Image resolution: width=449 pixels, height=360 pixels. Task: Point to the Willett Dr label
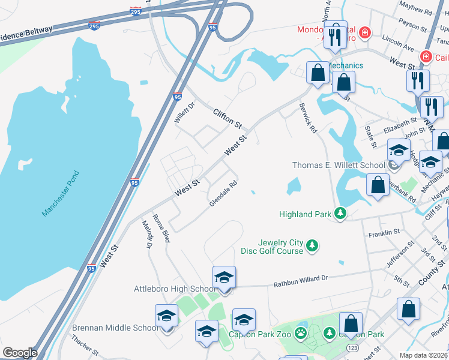tap(185, 112)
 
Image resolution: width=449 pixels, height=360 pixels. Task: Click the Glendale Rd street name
tap(223, 195)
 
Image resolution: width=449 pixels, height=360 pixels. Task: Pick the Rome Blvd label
tap(161, 229)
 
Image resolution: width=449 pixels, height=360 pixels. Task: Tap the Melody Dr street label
tap(148, 234)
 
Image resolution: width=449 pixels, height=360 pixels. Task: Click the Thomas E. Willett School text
tap(339, 165)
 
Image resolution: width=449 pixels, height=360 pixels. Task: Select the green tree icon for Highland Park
tap(340, 214)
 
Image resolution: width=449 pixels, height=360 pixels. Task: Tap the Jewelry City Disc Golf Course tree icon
tap(312, 245)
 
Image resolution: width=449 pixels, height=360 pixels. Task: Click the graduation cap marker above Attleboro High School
tap(224, 277)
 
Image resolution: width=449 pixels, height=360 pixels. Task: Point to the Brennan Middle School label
tap(115, 328)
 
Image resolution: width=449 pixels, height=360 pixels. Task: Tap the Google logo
tap(20, 353)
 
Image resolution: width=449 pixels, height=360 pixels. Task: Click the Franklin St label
tap(384, 232)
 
